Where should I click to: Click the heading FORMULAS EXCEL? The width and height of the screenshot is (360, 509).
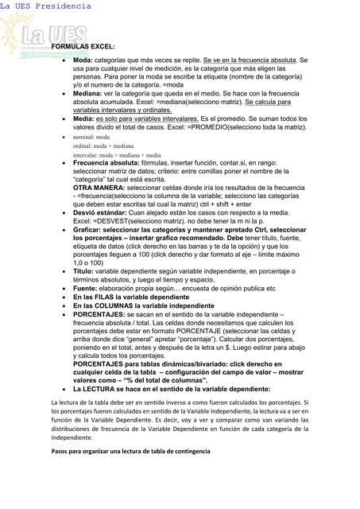click(83, 48)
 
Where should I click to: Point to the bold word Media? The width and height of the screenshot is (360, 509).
click(85, 118)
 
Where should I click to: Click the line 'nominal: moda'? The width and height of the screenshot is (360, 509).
click(91, 138)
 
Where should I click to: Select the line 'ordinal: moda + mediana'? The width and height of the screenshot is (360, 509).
click(103, 147)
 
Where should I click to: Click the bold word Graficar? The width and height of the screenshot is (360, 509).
click(90, 229)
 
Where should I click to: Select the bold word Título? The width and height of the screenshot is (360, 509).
click(83, 271)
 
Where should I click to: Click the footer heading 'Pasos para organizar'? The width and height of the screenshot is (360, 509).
click(131, 452)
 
